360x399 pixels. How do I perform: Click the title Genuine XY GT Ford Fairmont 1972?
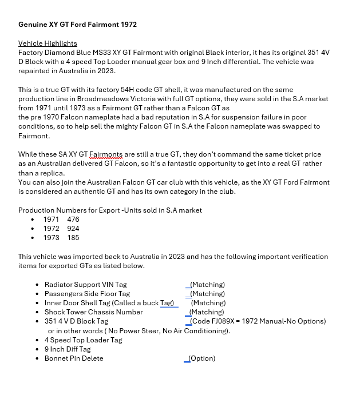pyautogui.click(x=77, y=25)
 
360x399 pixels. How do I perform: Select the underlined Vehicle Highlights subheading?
pyautogui.click(x=48, y=43)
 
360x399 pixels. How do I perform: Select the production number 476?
pyautogui.click(x=73, y=220)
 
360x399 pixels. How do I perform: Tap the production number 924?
pyautogui.click(x=73, y=229)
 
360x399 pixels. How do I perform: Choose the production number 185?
pyautogui.click(x=73, y=238)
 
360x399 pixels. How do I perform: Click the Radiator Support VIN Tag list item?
pyautogui.click(x=85, y=285)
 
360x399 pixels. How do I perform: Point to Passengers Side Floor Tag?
pyautogui.click(x=87, y=294)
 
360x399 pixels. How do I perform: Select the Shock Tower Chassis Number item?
pyautogui.click(x=93, y=312)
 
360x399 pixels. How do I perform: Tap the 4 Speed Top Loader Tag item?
pyautogui.click(x=83, y=340)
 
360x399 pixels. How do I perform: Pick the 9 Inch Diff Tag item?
pyautogui.click(x=68, y=349)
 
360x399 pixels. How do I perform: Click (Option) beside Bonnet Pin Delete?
pyautogui.click(x=202, y=358)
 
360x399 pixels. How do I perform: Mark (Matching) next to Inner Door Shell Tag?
pyautogui.click(x=208, y=303)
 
